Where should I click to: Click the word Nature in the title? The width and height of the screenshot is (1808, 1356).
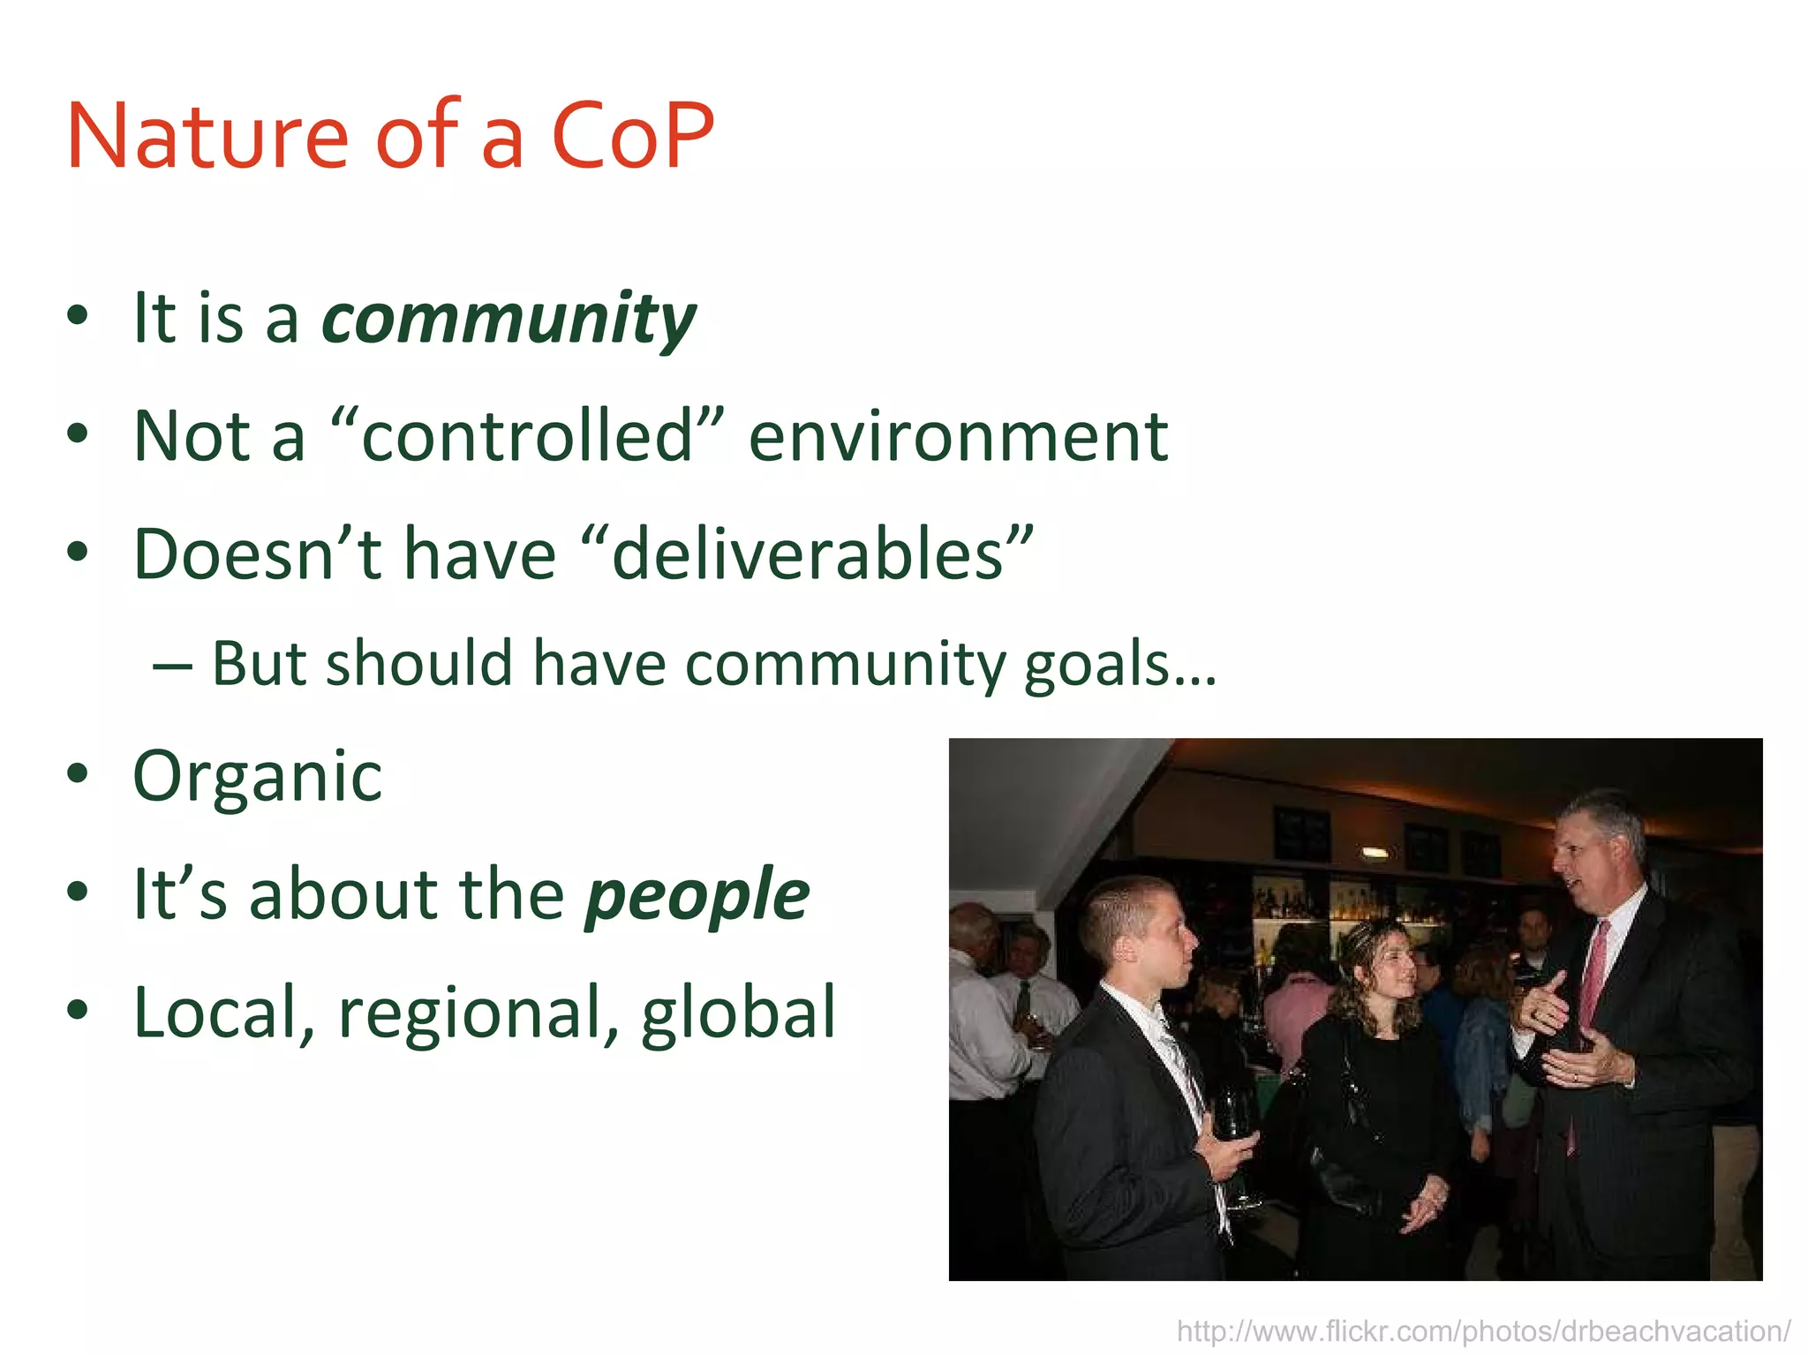pyautogui.click(x=208, y=137)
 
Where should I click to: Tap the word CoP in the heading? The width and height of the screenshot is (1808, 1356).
pyautogui.click(x=632, y=137)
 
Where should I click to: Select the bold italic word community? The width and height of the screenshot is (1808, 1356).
pyautogui.click(x=509, y=320)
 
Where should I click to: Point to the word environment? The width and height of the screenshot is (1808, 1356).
pyautogui.click(x=958, y=438)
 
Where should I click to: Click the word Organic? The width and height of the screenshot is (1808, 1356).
pyautogui.click(x=257, y=777)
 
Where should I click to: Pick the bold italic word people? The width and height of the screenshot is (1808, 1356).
pyautogui.click(x=697, y=895)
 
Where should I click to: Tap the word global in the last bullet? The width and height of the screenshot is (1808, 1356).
pyautogui.click(x=738, y=1013)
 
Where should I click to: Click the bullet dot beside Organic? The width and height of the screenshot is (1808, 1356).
pyautogui.click(x=78, y=775)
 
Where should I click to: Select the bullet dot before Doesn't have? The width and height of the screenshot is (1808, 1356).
pyautogui.click(x=78, y=553)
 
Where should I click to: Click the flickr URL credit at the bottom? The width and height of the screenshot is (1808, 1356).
pyautogui.click(x=1483, y=1331)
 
